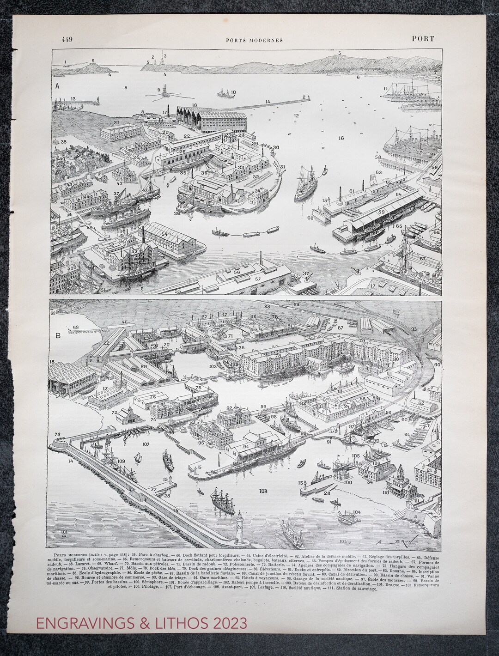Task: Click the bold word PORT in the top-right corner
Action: pyautogui.click(x=423, y=39)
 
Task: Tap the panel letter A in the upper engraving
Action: pyautogui.click(x=57, y=85)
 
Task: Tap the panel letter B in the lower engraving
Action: pyautogui.click(x=58, y=335)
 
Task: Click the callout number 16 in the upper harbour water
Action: pyautogui.click(x=341, y=138)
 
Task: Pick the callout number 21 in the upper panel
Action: pyautogui.click(x=116, y=123)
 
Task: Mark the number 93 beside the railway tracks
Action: pyautogui.click(x=414, y=329)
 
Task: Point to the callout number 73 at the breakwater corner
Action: pyautogui.click(x=58, y=435)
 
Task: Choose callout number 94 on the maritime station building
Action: pyautogui.click(x=246, y=447)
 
